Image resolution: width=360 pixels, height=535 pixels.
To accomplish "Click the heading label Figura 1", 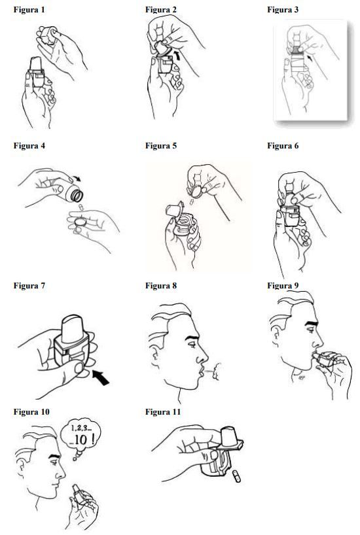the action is (x=29, y=10).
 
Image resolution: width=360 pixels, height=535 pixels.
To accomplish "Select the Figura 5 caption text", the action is (x=161, y=146).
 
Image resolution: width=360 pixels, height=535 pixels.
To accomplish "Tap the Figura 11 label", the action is (x=162, y=412).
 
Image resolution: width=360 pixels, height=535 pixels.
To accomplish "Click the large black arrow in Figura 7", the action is (x=101, y=377).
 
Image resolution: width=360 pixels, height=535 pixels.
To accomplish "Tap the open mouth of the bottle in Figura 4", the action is (x=77, y=196).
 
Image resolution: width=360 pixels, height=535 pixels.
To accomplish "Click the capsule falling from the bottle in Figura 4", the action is (x=81, y=207).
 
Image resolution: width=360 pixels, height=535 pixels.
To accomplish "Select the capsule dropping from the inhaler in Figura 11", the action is (x=236, y=476).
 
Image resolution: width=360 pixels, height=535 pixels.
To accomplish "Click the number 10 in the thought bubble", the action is (x=81, y=440).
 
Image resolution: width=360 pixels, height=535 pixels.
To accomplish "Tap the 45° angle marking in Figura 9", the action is (x=301, y=378).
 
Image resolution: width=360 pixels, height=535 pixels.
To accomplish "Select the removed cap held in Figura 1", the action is (x=48, y=35).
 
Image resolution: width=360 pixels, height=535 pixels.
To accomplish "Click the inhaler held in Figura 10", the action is (x=80, y=495).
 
